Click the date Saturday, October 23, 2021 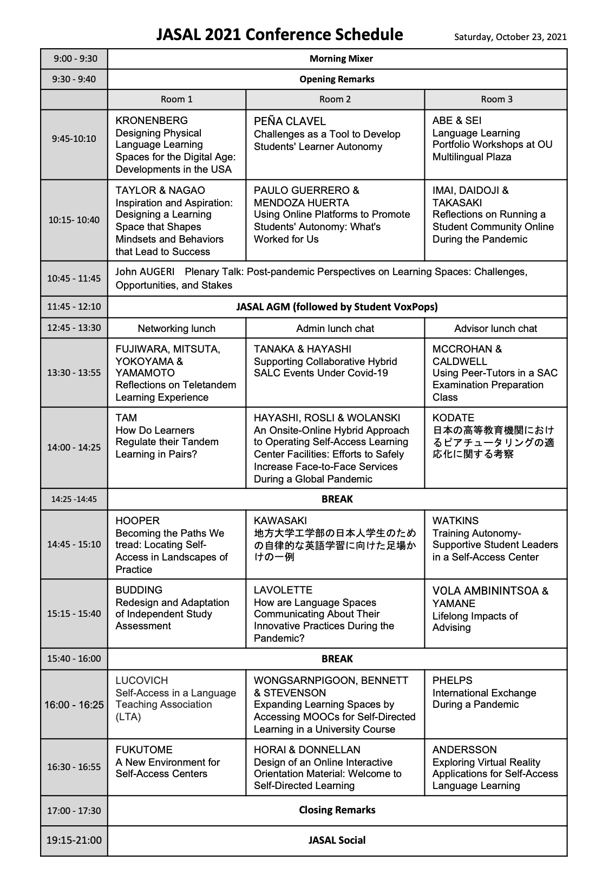tap(510, 37)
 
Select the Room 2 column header tap(335, 99)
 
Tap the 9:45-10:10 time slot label tap(74, 139)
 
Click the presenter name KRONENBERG tap(152, 121)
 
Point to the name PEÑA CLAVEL tap(290, 121)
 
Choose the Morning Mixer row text tap(341, 58)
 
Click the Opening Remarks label tap(337, 79)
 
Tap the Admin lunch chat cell tap(335, 328)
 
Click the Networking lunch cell tap(176, 328)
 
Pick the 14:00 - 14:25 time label tap(74, 447)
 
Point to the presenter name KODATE tap(453, 418)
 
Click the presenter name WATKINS tap(455, 521)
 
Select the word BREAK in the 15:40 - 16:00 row tap(337, 659)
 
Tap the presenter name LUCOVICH tap(142, 681)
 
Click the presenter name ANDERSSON tap(464, 750)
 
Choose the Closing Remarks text tap(337, 810)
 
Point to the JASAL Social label tap(337, 840)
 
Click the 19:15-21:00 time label tap(74, 840)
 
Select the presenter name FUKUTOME tap(144, 750)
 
